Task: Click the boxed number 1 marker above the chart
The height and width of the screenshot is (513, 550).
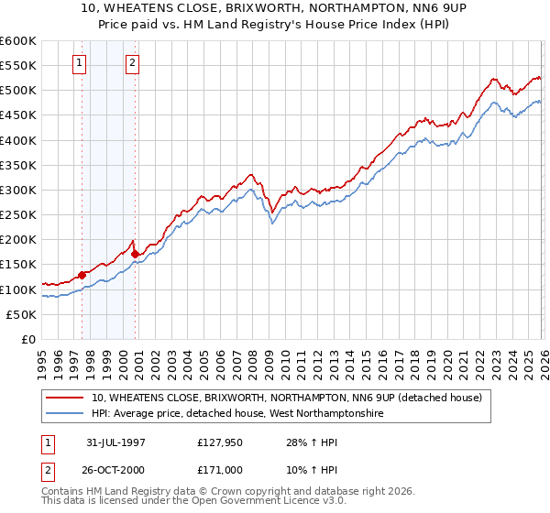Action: tap(80, 63)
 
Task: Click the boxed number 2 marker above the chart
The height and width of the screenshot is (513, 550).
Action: tap(133, 63)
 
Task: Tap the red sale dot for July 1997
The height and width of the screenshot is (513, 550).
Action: tap(82, 274)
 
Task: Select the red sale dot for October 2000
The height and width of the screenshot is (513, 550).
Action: tap(136, 254)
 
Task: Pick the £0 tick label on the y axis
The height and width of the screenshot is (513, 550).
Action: tap(28, 339)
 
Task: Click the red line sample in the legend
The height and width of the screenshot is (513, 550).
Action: tap(65, 398)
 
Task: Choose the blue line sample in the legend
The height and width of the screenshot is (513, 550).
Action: tap(65, 414)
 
